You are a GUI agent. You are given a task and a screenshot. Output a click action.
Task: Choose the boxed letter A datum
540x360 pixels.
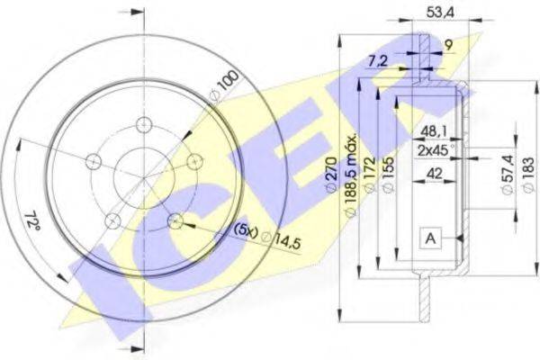pyautogui.click(x=430, y=238)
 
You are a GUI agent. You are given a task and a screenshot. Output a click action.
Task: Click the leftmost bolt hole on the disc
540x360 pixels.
pyautogui.click(x=91, y=161)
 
